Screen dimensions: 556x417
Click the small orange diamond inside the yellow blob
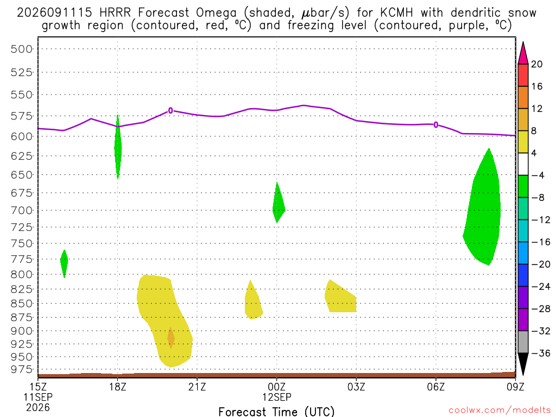click(x=171, y=338)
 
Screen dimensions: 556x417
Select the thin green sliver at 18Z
click(x=118, y=147)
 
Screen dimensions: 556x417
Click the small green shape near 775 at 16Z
click(x=64, y=263)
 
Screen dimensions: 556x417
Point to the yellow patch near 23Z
click(x=253, y=301)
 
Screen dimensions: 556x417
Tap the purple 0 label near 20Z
click(x=170, y=111)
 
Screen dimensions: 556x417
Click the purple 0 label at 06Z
click(x=436, y=124)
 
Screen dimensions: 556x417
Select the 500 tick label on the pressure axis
click(x=22, y=49)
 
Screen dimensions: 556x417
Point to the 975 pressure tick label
click(x=22, y=369)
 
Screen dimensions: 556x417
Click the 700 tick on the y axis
click(x=22, y=210)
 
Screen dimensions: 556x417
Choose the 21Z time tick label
click(x=197, y=387)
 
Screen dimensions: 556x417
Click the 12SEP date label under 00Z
click(x=277, y=397)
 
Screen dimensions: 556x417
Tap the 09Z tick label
click(x=515, y=387)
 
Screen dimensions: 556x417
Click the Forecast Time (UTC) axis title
click(x=276, y=412)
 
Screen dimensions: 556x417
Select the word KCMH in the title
click(x=396, y=13)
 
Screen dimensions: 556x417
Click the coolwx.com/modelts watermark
click(x=500, y=410)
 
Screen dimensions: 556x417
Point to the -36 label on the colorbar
click(x=541, y=353)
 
